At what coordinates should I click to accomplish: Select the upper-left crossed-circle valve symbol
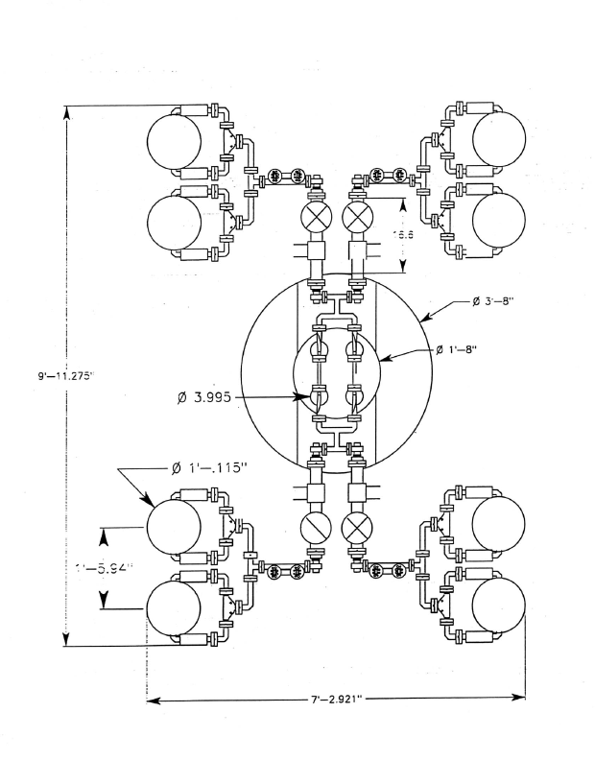point(315,214)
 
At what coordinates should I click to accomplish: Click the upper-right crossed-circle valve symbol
point(357,214)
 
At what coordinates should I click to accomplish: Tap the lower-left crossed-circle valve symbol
point(315,528)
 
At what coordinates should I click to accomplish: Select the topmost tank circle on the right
point(499,136)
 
